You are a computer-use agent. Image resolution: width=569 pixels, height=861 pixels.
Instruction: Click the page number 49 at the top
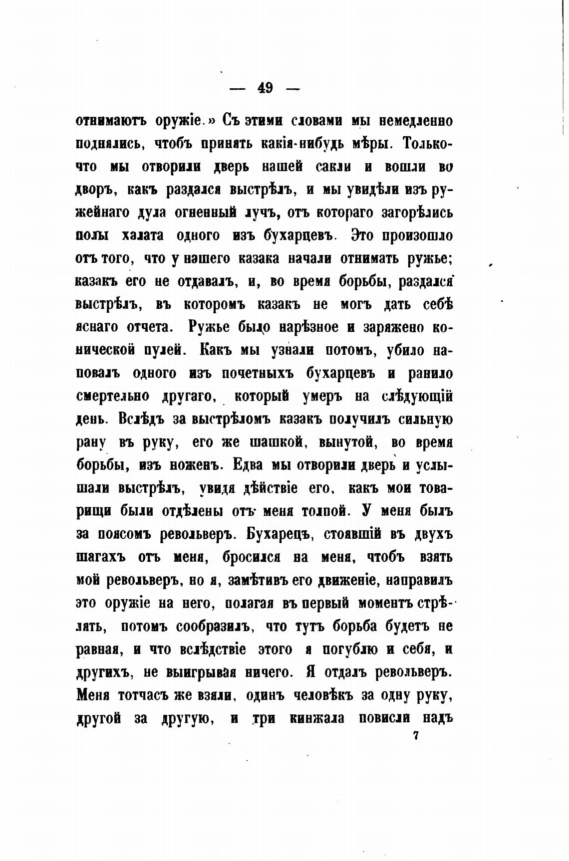click(265, 88)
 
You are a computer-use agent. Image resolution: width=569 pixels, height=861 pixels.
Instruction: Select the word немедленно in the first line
click(416, 121)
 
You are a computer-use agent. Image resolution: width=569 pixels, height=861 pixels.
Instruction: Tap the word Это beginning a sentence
click(364, 235)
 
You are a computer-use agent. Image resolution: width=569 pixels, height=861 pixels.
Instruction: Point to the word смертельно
click(113, 397)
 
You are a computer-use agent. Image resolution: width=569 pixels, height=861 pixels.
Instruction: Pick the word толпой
click(321, 511)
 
